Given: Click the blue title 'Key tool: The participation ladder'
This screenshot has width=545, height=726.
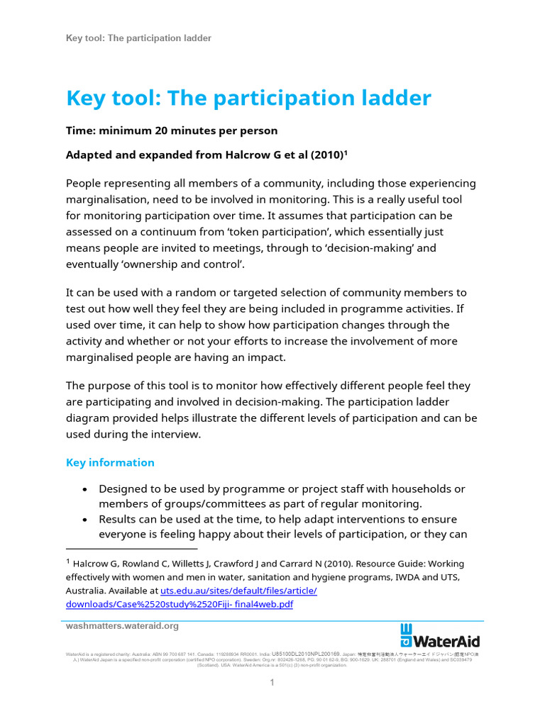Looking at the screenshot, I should coord(248,98).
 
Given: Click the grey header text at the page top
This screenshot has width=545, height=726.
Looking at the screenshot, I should coord(138,38).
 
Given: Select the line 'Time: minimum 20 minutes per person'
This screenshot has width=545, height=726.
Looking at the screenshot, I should coord(171,131).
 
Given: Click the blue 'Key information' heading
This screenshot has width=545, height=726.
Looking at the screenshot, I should coord(110,462).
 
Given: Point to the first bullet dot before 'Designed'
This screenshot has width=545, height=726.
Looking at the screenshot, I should coord(85,490).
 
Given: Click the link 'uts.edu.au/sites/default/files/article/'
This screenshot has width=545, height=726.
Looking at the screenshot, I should coord(238,591).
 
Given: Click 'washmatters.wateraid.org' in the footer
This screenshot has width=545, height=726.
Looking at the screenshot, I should coord(122,626).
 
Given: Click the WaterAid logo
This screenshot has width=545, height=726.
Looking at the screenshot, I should coord(440,635).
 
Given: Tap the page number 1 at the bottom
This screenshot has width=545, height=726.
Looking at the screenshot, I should coord(271,683).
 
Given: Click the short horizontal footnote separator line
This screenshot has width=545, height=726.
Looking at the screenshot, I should coord(131,548).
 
